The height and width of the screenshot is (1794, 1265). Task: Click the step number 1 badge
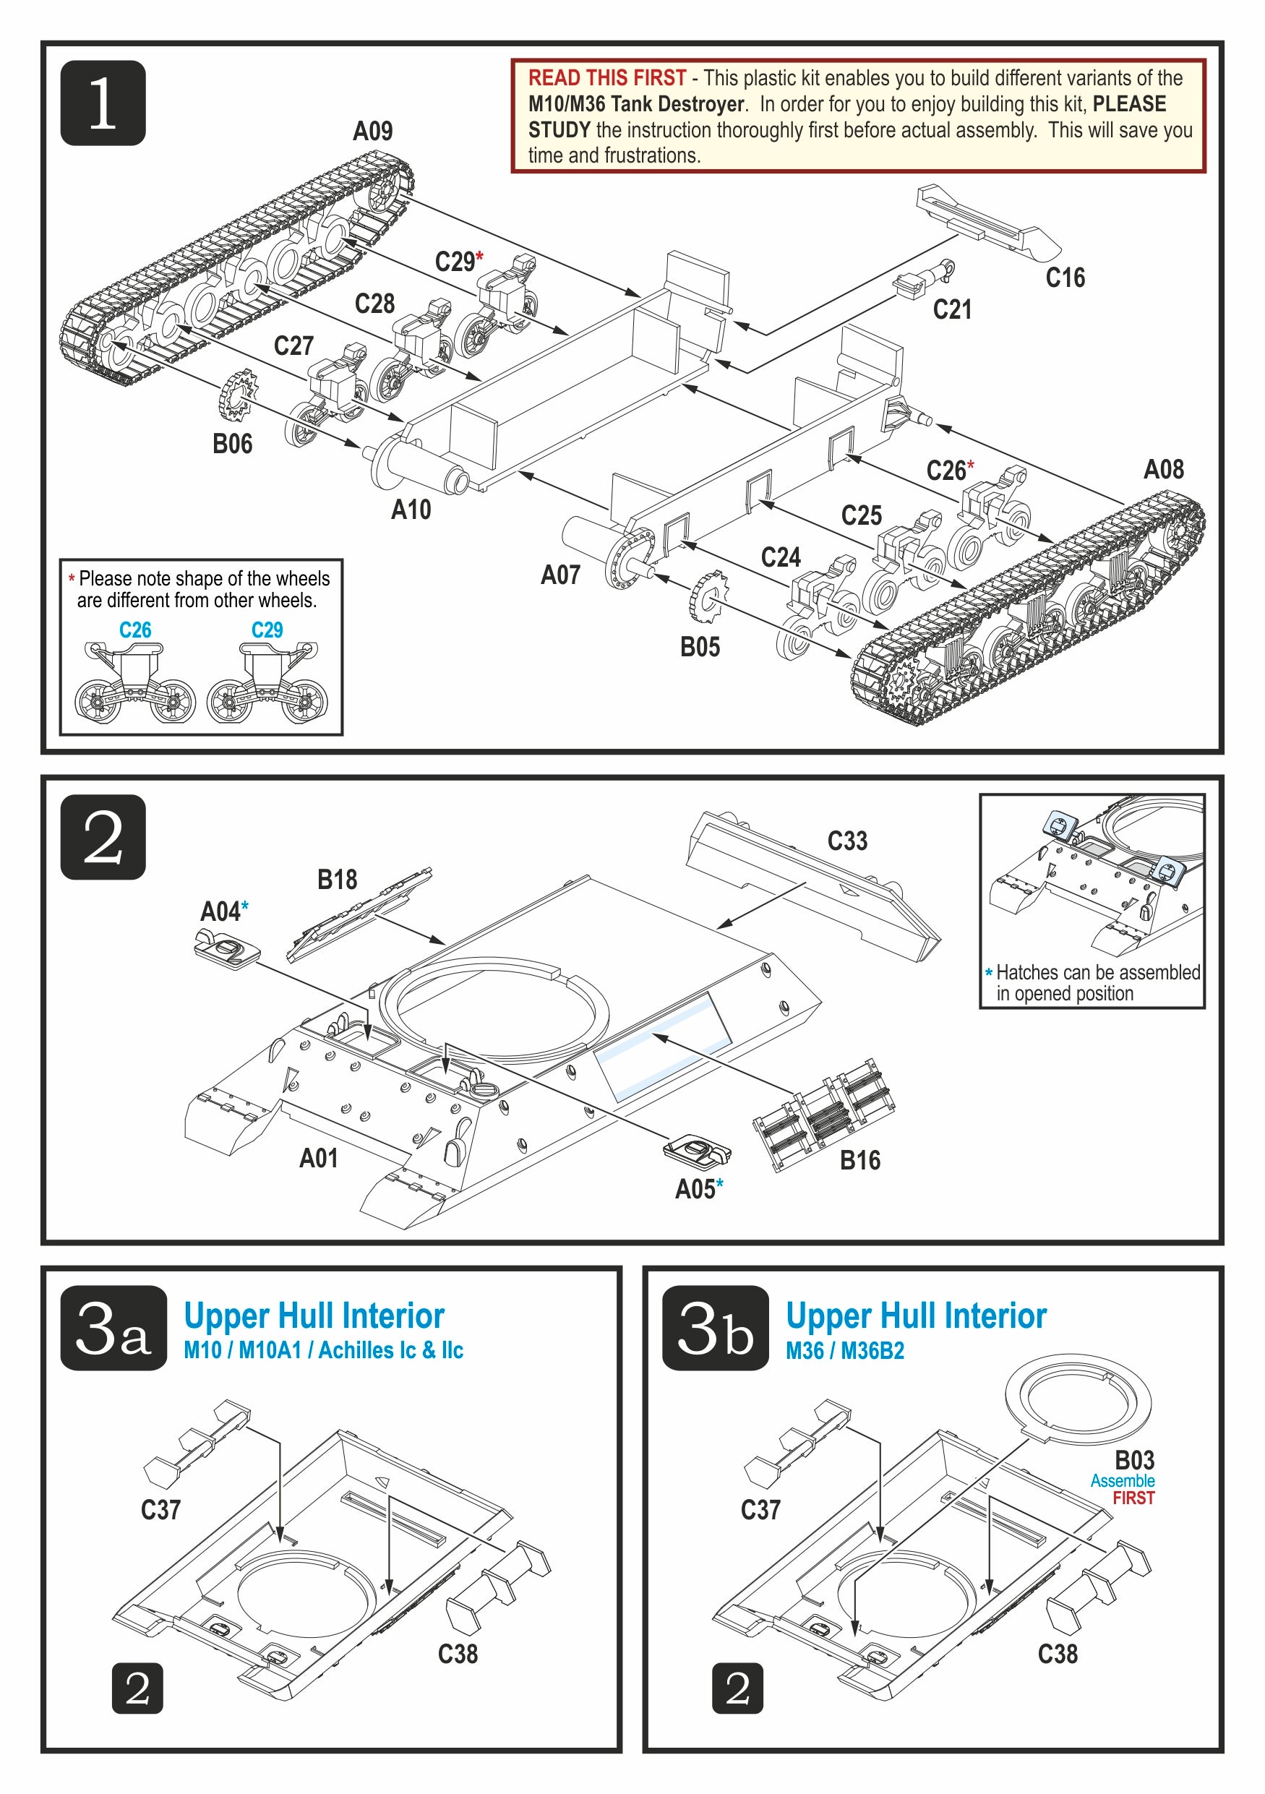103,103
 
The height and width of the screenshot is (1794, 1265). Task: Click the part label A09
373,132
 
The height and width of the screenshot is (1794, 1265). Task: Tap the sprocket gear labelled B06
239,396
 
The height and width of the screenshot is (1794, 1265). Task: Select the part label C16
1065,278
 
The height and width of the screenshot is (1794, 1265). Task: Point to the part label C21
953,309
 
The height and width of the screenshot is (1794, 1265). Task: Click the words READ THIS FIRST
607,78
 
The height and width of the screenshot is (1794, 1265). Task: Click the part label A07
561,575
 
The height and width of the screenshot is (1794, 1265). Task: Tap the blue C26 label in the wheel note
135,630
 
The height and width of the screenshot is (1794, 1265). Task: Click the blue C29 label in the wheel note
267,630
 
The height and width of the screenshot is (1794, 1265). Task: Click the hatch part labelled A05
697,1149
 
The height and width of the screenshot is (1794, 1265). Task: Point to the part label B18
337,880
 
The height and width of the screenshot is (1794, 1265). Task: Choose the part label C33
848,841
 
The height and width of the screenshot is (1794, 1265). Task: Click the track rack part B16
824,1115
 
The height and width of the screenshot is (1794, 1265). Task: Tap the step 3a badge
114,1328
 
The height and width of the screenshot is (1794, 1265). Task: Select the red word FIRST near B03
1133,1498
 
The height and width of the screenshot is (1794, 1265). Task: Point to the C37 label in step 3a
161,1510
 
